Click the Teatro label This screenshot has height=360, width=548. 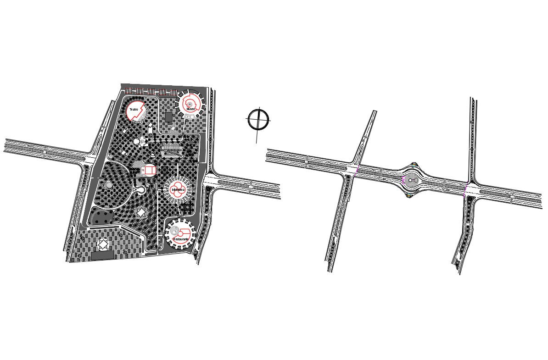click(134, 110)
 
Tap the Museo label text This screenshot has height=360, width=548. click(190, 109)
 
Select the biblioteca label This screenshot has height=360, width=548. click(178, 189)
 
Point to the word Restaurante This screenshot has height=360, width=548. click(180, 239)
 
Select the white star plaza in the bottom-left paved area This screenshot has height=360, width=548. click(103, 245)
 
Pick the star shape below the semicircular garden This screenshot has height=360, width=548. click(140, 212)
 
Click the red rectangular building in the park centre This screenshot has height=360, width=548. click(149, 170)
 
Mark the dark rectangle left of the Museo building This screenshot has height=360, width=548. click(169, 117)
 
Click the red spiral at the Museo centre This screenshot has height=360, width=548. click(189, 105)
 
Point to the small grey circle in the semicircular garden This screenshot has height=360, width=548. click(108, 184)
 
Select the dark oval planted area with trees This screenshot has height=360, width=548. click(101, 216)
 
